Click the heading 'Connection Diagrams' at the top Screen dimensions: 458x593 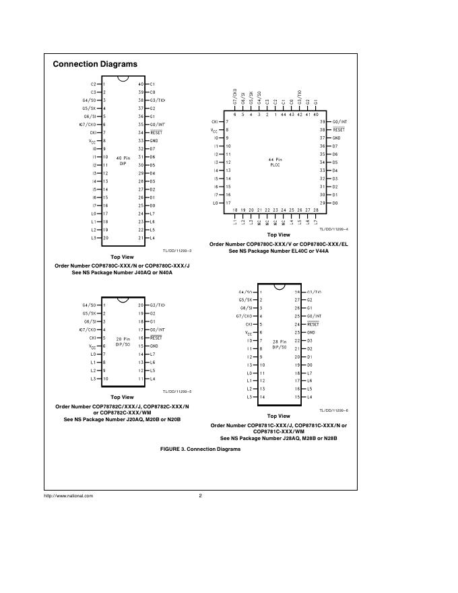coord(95,64)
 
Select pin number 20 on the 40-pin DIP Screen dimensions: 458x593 coord(106,238)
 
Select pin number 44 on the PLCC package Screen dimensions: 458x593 coord(283,115)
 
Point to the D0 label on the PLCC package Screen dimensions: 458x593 coord(335,203)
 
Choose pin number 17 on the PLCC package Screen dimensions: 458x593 coord(228,203)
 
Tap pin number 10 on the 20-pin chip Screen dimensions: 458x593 coord(105,379)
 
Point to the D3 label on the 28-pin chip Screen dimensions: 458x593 coord(309,341)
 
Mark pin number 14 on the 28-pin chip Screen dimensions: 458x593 coord(262,397)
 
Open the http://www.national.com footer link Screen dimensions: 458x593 coord(69,496)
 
